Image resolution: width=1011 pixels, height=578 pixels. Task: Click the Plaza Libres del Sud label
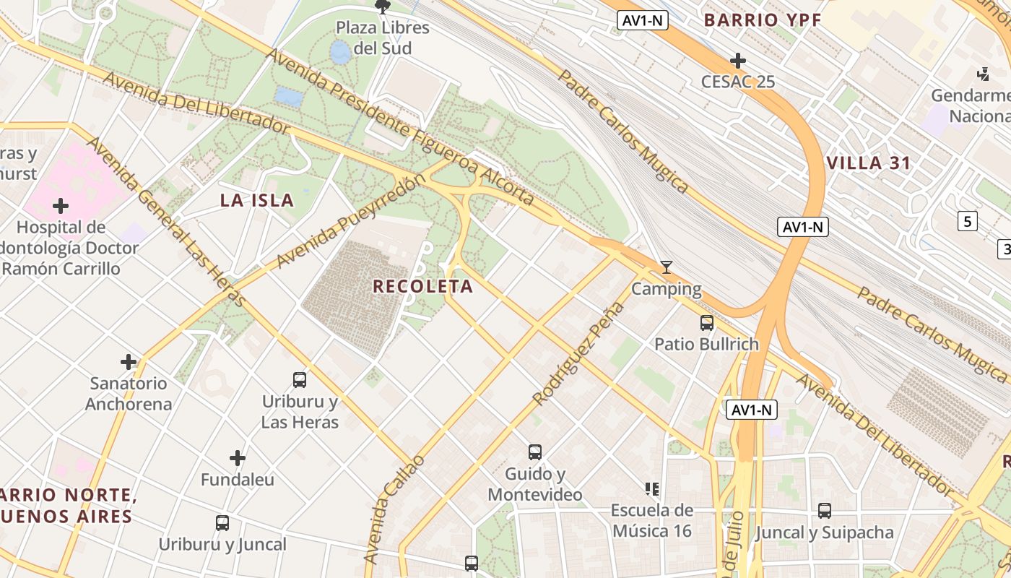(383, 38)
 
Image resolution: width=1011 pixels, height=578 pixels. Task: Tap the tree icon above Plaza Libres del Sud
(383, 7)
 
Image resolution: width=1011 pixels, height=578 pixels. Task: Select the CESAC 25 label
(738, 82)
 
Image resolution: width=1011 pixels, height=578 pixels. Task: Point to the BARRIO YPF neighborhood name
(763, 20)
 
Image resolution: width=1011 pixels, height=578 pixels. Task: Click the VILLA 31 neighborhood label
(869, 163)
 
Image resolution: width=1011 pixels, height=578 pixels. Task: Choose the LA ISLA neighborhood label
(257, 201)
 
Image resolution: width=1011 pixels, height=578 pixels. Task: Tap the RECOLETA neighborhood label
(423, 287)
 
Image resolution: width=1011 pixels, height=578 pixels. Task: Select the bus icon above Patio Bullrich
(707, 323)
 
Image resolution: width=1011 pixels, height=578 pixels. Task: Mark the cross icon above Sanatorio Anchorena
(129, 361)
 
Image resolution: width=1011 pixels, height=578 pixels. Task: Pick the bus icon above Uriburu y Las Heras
(300, 379)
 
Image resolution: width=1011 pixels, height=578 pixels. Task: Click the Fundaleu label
(238, 480)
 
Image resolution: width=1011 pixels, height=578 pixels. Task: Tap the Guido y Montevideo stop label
(535, 485)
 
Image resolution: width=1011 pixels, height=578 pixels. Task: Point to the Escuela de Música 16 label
(652, 521)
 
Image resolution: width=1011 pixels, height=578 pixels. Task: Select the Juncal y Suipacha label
(825, 533)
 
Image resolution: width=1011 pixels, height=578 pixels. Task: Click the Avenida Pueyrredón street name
(347, 222)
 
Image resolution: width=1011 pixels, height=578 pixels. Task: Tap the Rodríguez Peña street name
(578, 353)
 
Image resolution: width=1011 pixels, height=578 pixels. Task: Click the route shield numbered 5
(968, 221)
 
